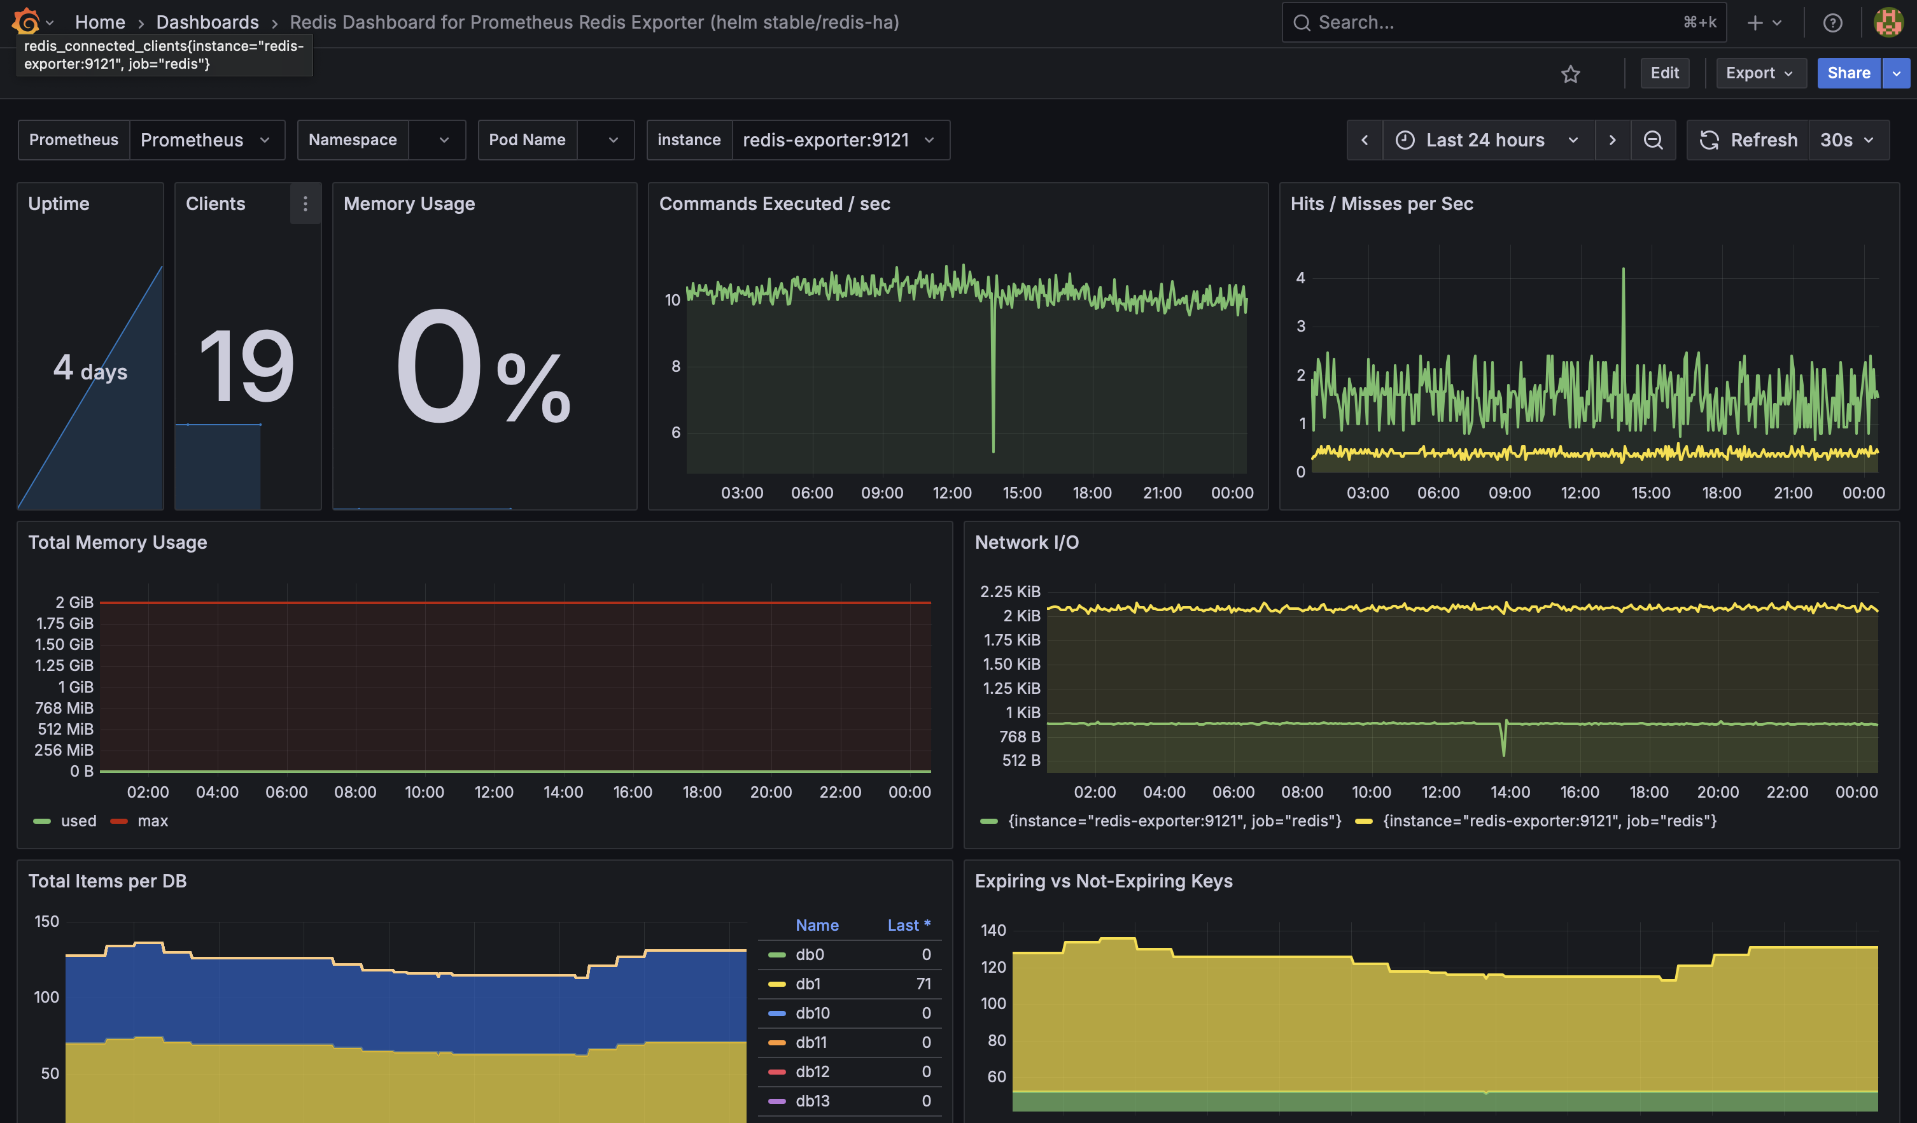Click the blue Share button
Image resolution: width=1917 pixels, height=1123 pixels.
pyautogui.click(x=1848, y=73)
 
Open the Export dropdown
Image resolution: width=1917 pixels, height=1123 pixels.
pyautogui.click(x=1760, y=73)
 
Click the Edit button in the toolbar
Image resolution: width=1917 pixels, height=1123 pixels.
pyautogui.click(x=1664, y=73)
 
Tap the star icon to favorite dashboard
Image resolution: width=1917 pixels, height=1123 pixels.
pyautogui.click(x=1570, y=74)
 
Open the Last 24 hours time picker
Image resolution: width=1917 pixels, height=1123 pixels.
pyautogui.click(x=1486, y=140)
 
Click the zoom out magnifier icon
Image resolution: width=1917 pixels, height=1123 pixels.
pyautogui.click(x=1652, y=140)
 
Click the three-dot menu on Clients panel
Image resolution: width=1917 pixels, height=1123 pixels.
pyautogui.click(x=305, y=204)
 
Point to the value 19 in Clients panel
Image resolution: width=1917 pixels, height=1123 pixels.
pyautogui.click(x=246, y=366)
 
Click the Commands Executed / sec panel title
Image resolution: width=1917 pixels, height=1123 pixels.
pyautogui.click(x=774, y=204)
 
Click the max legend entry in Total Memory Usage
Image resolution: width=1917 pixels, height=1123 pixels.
pyautogui.click(x=151, y=821)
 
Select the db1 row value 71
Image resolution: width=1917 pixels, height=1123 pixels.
pyautogui.click(x=923, y=984)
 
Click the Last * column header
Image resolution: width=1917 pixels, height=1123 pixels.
pyautogui.click(x=908, y=925)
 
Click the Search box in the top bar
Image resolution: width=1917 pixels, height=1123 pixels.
pyautogui.click(x=1491, y=23)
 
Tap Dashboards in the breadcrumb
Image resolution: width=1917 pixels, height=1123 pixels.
pyautogui.click(x=207, y=23)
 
